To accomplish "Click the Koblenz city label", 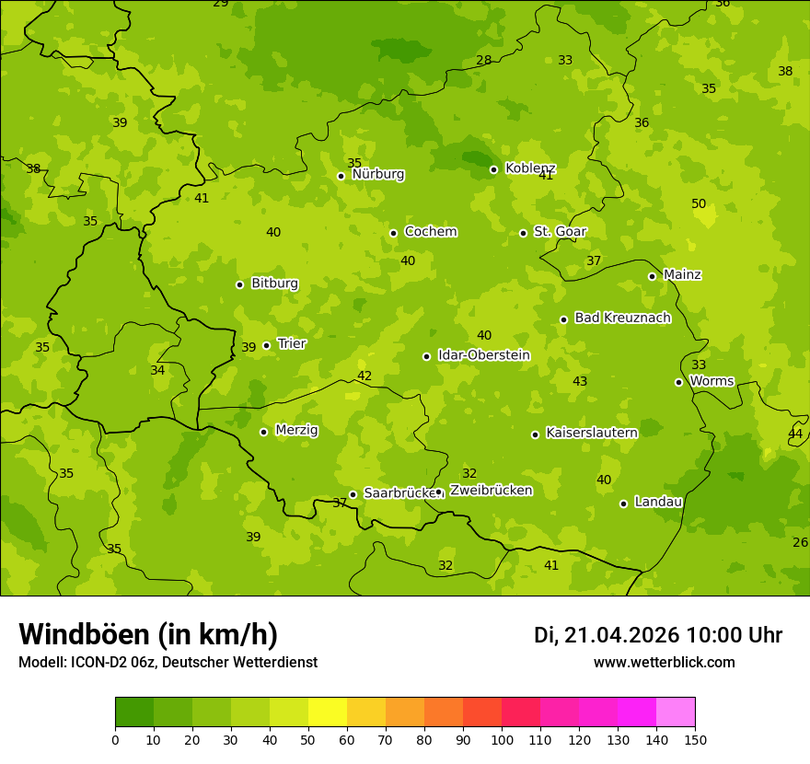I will [530, 168].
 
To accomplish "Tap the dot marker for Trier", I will [267, 345].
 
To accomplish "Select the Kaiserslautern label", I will [592, 433].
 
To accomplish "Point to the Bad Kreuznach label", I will [622, 318].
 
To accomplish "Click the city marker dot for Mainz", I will [652, 276].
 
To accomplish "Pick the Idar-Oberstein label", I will [483, 354].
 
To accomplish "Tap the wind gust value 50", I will [699, 203].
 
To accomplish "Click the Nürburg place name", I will [377, 174].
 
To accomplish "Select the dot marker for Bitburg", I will [239, 284].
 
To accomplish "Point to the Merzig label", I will [296, 430].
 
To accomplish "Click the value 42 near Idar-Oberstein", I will [364, 376].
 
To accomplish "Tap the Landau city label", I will [658, 502].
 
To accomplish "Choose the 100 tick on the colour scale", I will [502, 739].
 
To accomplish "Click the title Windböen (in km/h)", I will [148, 634].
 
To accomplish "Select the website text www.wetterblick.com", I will [664, 662].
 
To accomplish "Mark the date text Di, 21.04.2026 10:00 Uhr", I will [658, 635].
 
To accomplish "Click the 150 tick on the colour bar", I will [695, 739].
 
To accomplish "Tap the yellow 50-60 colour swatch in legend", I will [328, 712].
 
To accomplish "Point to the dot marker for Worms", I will [678, 382].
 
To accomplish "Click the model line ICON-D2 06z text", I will [168, 662].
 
